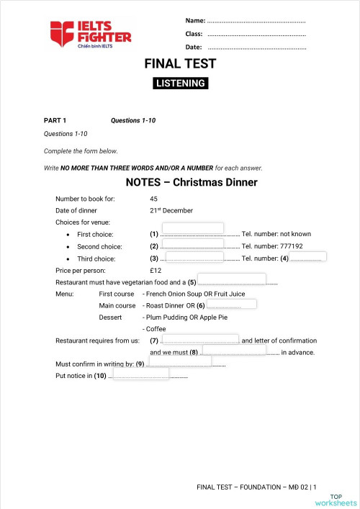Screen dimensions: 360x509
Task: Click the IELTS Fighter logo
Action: tap(90, 33)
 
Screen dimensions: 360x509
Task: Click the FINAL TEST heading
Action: tap(180, 64)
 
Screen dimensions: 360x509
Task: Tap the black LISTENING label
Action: tap(181, 84)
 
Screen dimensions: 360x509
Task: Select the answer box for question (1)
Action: tap(192, 229)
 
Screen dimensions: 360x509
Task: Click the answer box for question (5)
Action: tap(232, 279)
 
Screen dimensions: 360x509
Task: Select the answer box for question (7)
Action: tap(199, 339)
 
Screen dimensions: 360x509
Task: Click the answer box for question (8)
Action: tap(235, 350)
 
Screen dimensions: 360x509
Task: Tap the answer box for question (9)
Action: tap(180, 361)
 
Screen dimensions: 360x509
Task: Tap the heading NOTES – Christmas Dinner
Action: tap(191, 182)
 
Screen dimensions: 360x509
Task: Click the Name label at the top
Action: tap(195, 21)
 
